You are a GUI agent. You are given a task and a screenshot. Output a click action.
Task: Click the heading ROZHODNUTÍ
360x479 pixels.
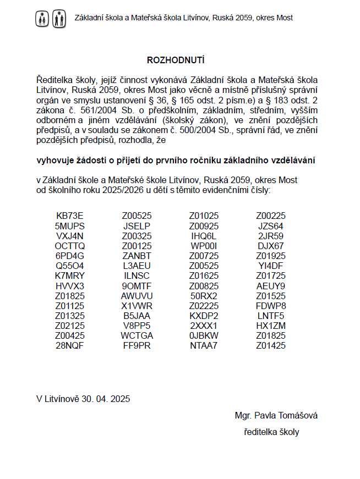tap(176, 59)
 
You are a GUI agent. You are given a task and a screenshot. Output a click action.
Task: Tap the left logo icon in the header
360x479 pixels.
tap(43, 19)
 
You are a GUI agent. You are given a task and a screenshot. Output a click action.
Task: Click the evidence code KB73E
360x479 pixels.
tap(70, 216)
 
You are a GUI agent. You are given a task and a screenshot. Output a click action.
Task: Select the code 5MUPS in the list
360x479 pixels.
tap(70, 225)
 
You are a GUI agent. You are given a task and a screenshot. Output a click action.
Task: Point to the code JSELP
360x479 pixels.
tap(137, 225)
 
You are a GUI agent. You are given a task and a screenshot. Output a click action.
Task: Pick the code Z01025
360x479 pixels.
tap(204, 216)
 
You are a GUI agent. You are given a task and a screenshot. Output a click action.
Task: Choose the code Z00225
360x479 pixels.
tap(271, 216)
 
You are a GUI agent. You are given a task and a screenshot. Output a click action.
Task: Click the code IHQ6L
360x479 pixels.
tap(204, 235)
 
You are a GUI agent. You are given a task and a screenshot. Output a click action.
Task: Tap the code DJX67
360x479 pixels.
tap(271, 245)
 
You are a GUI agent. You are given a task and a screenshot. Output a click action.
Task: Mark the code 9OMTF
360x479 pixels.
tap(137, 285)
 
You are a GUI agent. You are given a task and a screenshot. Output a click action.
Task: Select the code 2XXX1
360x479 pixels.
tap(204, 326)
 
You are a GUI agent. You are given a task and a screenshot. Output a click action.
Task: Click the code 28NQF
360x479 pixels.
tap(70, 345)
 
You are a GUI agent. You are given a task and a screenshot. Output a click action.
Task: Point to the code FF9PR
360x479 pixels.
tap(137, 345)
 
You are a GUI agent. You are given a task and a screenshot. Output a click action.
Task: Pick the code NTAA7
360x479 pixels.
tap(204, 345)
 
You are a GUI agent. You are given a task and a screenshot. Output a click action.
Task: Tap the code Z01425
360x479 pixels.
tap(271, 345)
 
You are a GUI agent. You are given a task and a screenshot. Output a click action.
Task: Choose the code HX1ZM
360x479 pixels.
tap(271, 326)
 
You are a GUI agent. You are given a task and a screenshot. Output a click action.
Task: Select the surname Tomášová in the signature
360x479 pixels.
tap(295, 415)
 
